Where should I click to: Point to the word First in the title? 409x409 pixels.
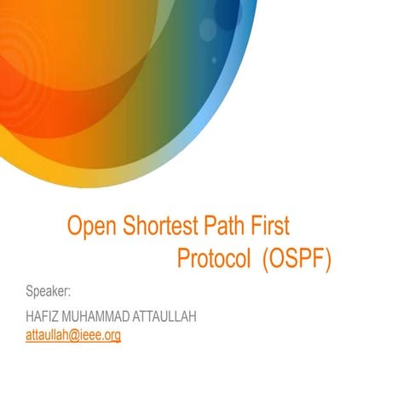click(x=269, y=227)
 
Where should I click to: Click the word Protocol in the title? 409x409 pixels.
click(x=213, y=258)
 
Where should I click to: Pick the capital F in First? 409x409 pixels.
click(x=253, y=227)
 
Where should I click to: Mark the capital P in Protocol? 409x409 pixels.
click(x=184, y=258)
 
